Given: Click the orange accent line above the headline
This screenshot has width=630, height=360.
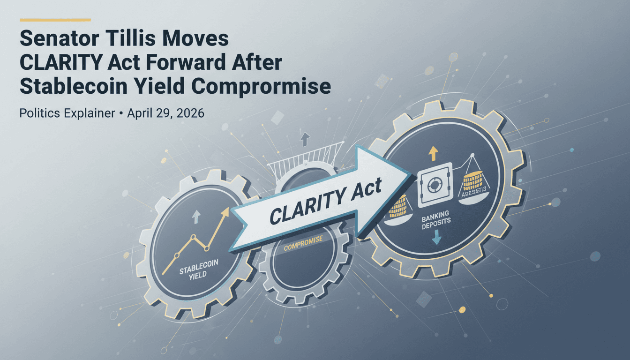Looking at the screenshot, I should [x=55, y=20].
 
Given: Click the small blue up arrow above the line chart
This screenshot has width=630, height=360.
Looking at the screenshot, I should [x=196, y=216].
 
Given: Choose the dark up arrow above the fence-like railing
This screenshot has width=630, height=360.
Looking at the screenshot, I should [x=305, y=138].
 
